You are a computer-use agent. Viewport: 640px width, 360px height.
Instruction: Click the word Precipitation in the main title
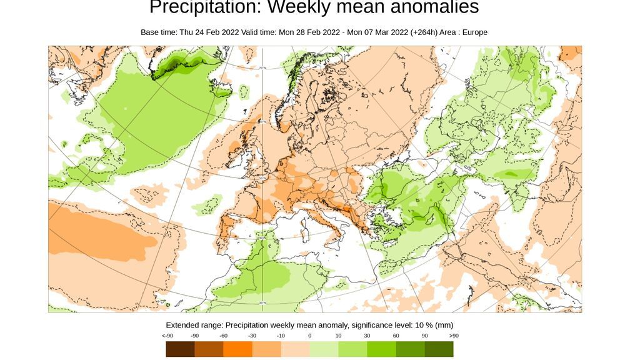(194, 7)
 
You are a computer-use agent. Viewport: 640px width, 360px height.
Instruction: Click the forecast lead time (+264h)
(424, 32)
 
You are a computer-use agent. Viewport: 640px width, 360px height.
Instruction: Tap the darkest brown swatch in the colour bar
(180, 349)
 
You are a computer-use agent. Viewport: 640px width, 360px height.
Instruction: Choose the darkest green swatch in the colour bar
(439, 349)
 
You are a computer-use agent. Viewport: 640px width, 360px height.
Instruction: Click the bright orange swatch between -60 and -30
(237, 349)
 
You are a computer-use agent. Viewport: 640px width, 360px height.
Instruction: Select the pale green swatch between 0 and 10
(324, 349)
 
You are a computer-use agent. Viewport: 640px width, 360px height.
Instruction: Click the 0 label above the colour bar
(309, 336)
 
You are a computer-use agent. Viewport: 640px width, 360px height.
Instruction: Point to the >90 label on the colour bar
(453, 336)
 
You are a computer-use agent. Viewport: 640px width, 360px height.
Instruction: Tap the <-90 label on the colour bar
(166, 336)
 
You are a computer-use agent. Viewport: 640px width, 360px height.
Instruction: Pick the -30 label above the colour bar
(252, 336)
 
